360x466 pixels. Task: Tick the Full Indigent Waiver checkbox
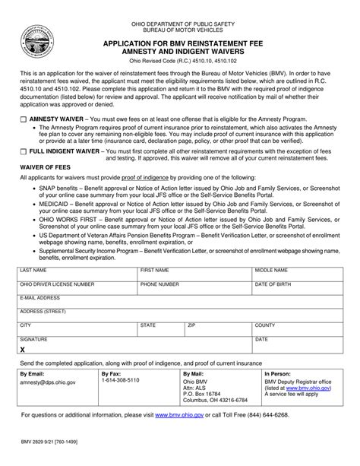pos(23,152)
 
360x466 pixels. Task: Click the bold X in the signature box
pos(23,350)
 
